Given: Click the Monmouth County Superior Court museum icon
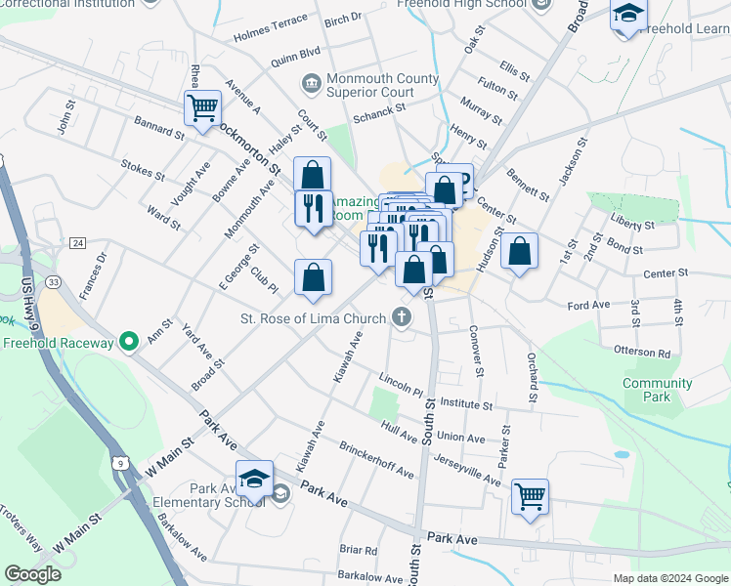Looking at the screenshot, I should (311, 84).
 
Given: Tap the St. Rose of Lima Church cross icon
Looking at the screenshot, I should (400, 316).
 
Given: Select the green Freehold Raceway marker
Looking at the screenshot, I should (127, 342).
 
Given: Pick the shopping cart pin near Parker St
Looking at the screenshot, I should (530, 497).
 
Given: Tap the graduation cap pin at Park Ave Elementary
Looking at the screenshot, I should (254, 480).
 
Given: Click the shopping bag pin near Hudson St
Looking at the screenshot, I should (520, 252).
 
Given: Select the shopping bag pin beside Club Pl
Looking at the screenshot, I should (313, 277).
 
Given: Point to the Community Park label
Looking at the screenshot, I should (658, 390).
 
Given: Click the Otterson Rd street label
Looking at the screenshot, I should (642, 353).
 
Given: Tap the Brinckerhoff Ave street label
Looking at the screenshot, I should (376, 458).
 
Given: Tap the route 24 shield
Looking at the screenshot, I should (78, 242).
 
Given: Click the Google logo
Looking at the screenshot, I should (32, 574).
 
